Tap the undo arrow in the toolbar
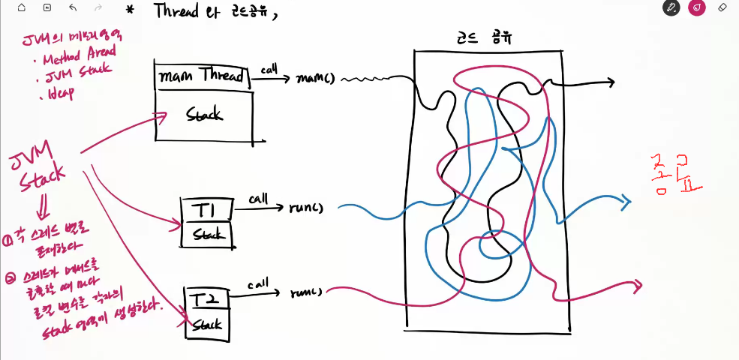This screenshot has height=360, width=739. click(x=72, y=8)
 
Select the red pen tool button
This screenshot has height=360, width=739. click(x=697, y=8)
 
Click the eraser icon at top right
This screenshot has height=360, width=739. click(x=722, y=8)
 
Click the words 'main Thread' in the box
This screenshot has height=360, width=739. click(x=200, y=76)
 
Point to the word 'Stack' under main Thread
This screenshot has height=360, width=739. click(x=204, y=115)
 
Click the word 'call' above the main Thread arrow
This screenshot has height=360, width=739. click(x=269, y=69)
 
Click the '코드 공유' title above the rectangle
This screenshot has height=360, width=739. click(x=485, y=37)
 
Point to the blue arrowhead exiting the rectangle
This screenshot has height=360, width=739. click(x=629, y=200)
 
